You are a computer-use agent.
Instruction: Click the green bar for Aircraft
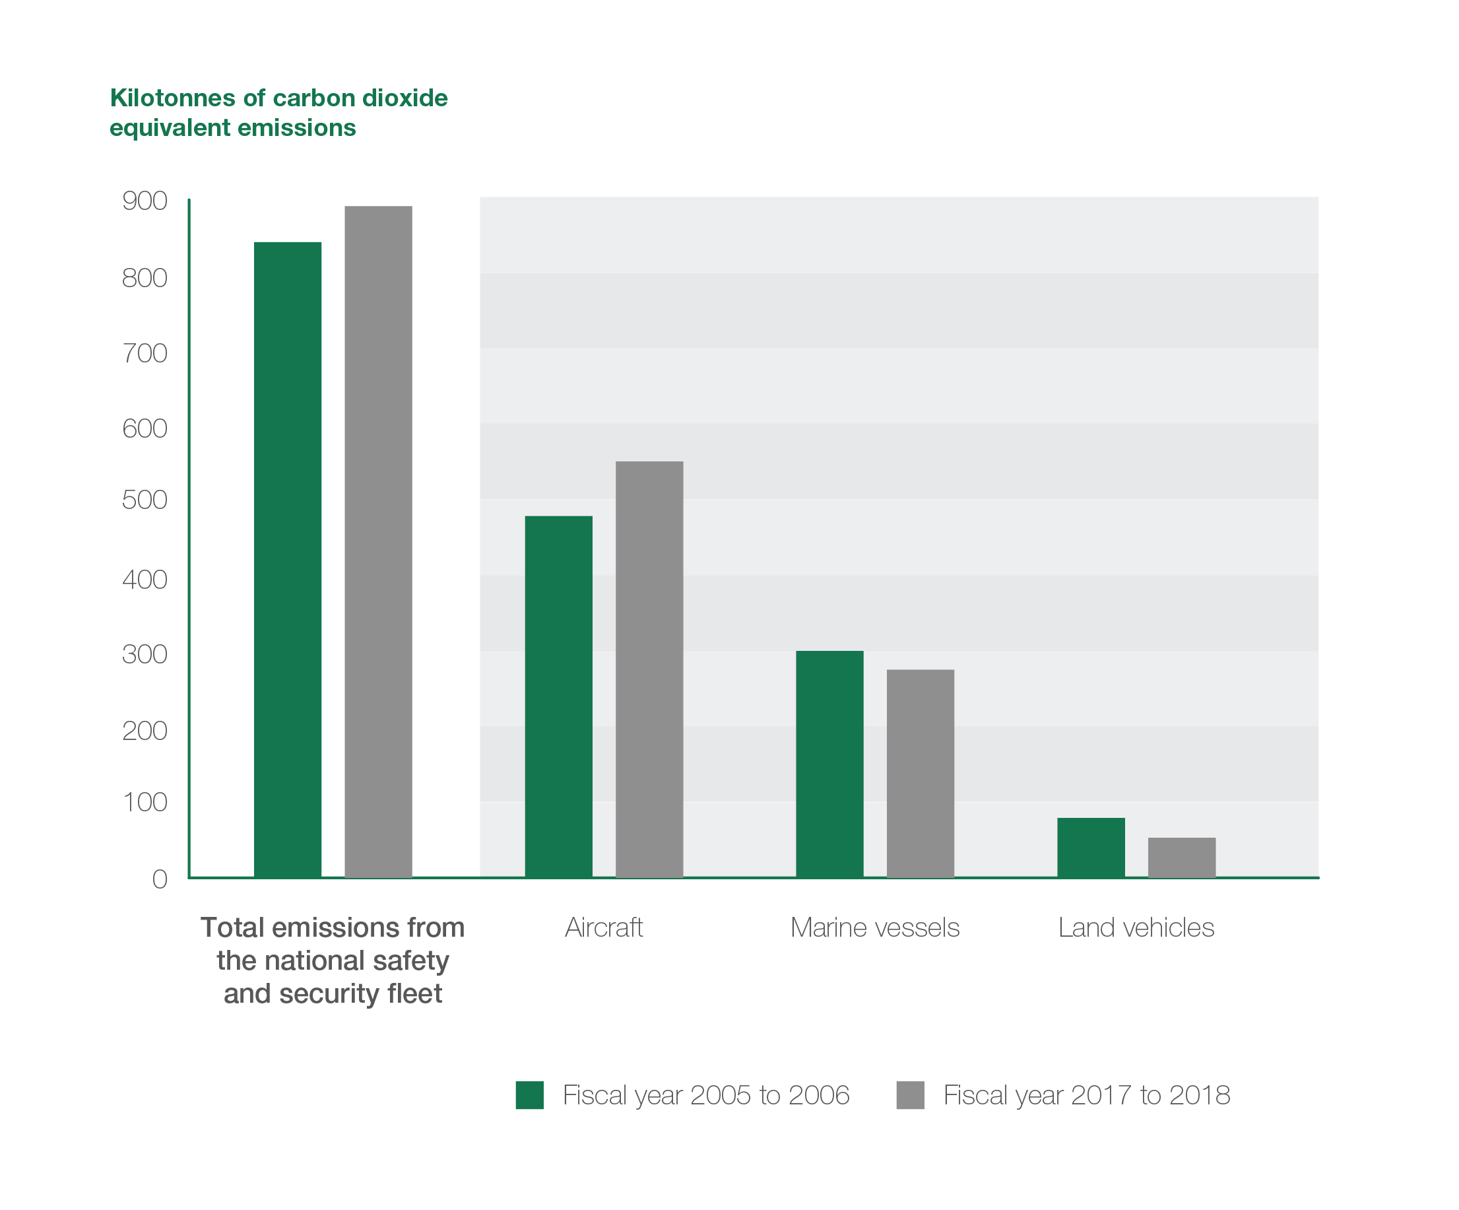558,696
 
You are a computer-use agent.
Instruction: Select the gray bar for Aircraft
649,669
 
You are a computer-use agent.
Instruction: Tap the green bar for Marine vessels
829,764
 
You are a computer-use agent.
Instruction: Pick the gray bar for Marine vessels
920,773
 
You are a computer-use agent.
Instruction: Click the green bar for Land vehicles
1091,847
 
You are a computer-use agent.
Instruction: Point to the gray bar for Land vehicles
1181,857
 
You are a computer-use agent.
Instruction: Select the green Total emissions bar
288,560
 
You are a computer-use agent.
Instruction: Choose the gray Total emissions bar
378,541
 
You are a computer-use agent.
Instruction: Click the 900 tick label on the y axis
145,201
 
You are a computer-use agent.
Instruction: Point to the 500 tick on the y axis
145,500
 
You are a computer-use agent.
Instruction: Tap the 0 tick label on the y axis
160,879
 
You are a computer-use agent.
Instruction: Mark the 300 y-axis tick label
145,654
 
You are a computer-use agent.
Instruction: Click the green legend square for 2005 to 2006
529,1094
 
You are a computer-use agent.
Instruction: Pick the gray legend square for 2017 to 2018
910,1094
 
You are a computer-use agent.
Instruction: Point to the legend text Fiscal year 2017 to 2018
1087,1094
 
